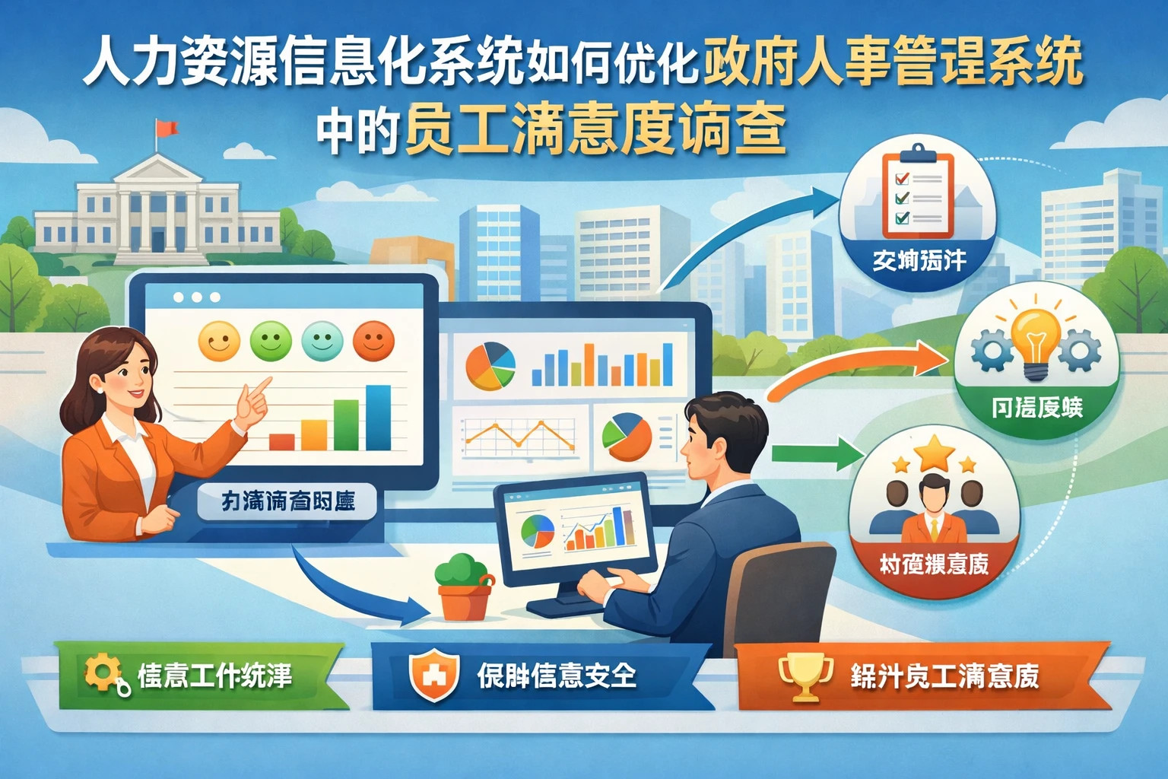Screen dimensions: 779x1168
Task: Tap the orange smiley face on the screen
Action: pyautogui.click(x=219, y=341)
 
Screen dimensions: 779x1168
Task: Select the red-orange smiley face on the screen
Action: pyautogui.click(x=373, y=340)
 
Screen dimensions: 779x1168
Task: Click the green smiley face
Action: pyautogui.click(x=271, y=341)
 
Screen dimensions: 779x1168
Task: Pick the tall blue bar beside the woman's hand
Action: pyautogui.click(x=378, y=418)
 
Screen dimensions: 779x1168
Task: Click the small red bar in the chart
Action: pyautogui.click(x=281, y=441)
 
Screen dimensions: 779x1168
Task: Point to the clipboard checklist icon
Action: pyautogui.click(x=916, y=196)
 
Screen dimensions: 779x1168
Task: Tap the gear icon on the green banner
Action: pyautogui.click(x=102, y=672)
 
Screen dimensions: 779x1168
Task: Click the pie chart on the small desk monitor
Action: pyautogui.click(x=537, y=530)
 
